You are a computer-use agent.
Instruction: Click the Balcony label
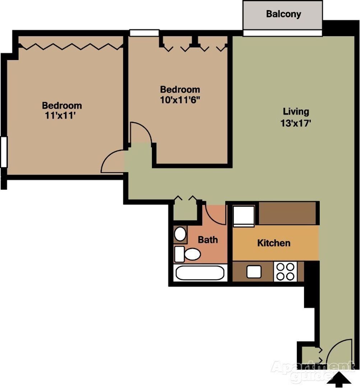283,14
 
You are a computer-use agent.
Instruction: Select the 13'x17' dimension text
295,123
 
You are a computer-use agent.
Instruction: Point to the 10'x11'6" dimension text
180,100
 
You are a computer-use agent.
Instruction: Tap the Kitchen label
274,243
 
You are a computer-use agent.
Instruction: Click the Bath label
208,240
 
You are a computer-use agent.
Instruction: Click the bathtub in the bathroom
200,273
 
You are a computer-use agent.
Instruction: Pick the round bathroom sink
180,234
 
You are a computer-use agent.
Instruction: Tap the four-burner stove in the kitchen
285,272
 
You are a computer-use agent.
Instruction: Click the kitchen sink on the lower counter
254,272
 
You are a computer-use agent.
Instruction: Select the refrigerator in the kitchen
244,216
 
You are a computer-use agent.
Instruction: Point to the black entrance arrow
339,380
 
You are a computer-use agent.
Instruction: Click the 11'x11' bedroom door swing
112,162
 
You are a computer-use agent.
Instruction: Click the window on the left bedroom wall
4,152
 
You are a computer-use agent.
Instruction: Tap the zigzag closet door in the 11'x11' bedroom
71,46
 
